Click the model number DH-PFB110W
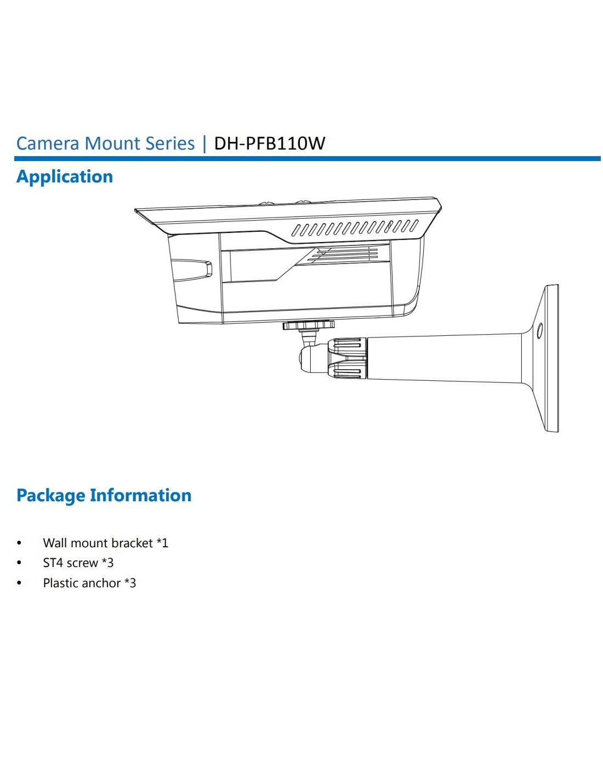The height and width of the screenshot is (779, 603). [x=269, y=144]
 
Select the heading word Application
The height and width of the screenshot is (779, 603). [x=65, y=177]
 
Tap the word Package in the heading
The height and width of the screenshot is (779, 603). [x=51, y=496]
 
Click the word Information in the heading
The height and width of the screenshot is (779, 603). [x=141, y=495]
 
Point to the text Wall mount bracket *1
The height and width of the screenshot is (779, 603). [x=105, y=543]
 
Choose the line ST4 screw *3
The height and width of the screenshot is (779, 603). [x=78, y=563]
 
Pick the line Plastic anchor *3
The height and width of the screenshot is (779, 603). [x=89, y=583]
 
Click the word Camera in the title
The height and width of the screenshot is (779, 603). [x=48, y=144]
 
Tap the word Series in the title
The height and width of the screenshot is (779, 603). [x=170, y=144]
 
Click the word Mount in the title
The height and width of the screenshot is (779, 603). [x=113, y=144]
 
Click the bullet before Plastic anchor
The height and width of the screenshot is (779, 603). [x=19, y=583]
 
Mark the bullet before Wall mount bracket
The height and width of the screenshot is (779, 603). [x=19, y=543]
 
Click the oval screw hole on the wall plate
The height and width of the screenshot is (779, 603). [x=539, y=330]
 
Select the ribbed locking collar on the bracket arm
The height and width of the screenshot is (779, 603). [x=348, y=358]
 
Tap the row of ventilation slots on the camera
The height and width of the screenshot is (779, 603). [x=354, y=227]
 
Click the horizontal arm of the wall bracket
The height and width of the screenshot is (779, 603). [x=444, y=358]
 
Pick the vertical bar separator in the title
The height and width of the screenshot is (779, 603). [x=204, y=144]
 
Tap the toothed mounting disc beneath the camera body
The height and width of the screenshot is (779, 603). [x=308, y=325]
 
